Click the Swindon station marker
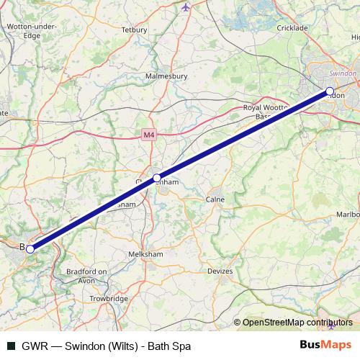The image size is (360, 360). point(330,91)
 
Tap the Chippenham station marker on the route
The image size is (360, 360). point(157,178)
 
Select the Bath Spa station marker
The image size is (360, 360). point(30,248)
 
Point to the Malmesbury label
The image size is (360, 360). point(166,76)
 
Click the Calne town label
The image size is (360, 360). point(216,199)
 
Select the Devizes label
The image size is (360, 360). point(220,271)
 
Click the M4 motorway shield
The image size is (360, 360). point(148,134)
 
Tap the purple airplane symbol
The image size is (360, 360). point(186,7)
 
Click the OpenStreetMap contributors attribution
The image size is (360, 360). point(297,323)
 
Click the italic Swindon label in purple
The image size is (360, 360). point(342,73)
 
